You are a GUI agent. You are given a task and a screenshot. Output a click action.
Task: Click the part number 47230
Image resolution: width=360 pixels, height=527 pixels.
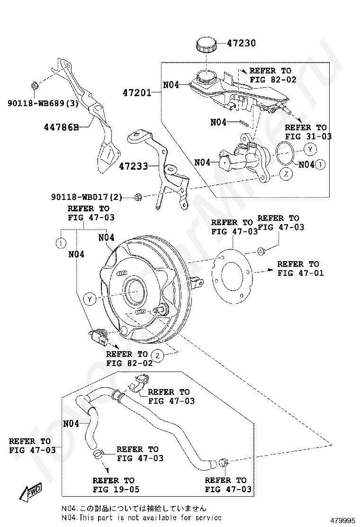coord(241,43)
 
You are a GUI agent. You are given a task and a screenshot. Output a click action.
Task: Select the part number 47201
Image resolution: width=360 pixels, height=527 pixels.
coord(137,92)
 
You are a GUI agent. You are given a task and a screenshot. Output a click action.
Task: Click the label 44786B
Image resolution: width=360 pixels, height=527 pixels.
coord(62,127)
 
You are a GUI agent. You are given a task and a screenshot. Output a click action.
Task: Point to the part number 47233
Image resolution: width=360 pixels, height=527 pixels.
coord(134,166)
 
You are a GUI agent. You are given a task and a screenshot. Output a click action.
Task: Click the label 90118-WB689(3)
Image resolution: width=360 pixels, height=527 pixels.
coord(43,103)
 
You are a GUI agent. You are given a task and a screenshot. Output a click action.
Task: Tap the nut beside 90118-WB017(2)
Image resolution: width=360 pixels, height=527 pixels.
coord(138,197)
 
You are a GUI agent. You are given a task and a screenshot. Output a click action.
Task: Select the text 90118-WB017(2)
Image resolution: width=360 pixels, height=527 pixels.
coord(87,197)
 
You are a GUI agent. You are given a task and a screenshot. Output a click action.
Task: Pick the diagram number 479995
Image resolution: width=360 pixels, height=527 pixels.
coord(342,521)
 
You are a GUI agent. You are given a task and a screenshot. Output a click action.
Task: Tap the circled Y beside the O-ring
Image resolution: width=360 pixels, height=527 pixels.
coord(310,149)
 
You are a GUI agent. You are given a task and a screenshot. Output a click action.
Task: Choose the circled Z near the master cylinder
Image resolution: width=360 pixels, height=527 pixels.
coord(286,174)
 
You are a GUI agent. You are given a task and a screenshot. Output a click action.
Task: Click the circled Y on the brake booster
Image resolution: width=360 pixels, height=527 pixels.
coord(90,299)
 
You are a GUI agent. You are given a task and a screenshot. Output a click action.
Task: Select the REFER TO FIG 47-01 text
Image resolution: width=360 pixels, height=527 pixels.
coord(300,268)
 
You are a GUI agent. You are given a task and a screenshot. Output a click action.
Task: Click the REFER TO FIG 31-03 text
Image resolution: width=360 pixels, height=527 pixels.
coord(308,132)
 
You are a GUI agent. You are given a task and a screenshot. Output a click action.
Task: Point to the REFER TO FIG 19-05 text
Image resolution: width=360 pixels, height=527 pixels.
coord(116,485)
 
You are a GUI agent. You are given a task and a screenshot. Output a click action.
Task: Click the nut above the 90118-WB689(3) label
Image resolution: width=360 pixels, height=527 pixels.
coord(34,86)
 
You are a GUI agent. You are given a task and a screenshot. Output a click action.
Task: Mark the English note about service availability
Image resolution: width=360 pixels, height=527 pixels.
coord(141,518)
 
